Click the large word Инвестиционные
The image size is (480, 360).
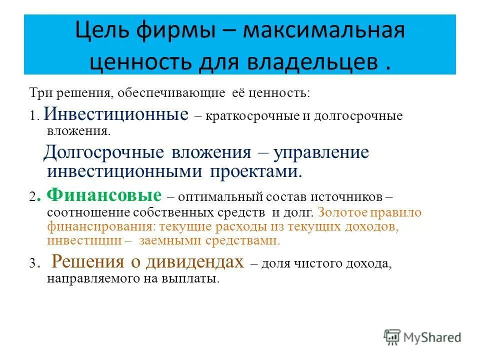click(116, 114)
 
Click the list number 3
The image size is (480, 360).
click(32, 265)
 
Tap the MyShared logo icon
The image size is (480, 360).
click(392, 337)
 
